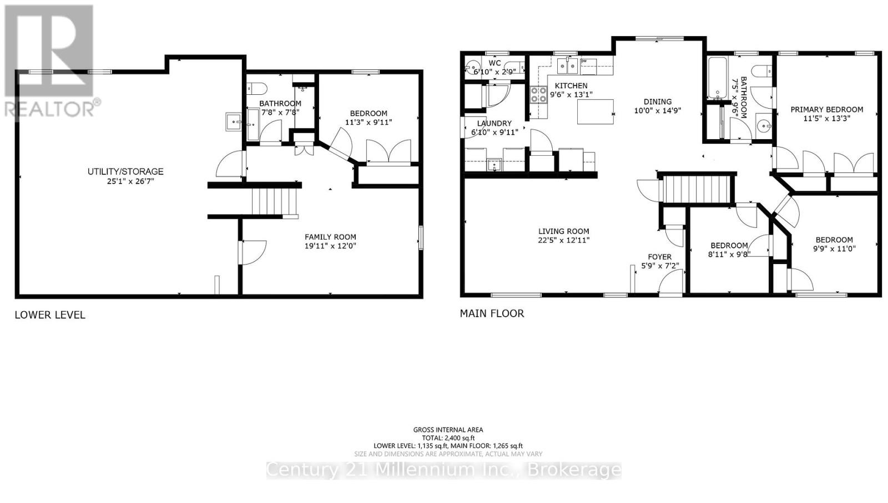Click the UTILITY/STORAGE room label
(x=125, y=171)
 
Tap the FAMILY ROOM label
(x=330, y=237)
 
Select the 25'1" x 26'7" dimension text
(x=125, y=181)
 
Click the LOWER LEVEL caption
(x=50, y=315)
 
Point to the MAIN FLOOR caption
(x=492, y=313)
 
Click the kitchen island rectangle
(x=596, y=111)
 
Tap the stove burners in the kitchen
(x=538, y=95)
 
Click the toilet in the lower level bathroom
(x=258, y=88)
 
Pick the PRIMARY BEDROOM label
(x=826, y=109)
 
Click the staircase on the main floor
(x=697, y=189)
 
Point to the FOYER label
(x=659, y=257)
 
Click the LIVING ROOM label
(x=563, y=231)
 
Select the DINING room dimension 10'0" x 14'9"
(x=657, y=110)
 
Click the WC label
(x=495, y=63)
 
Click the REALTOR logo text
(x=51, y=108)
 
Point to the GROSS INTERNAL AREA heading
(x=448, y=429)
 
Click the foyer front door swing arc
(x=670, y=282)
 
